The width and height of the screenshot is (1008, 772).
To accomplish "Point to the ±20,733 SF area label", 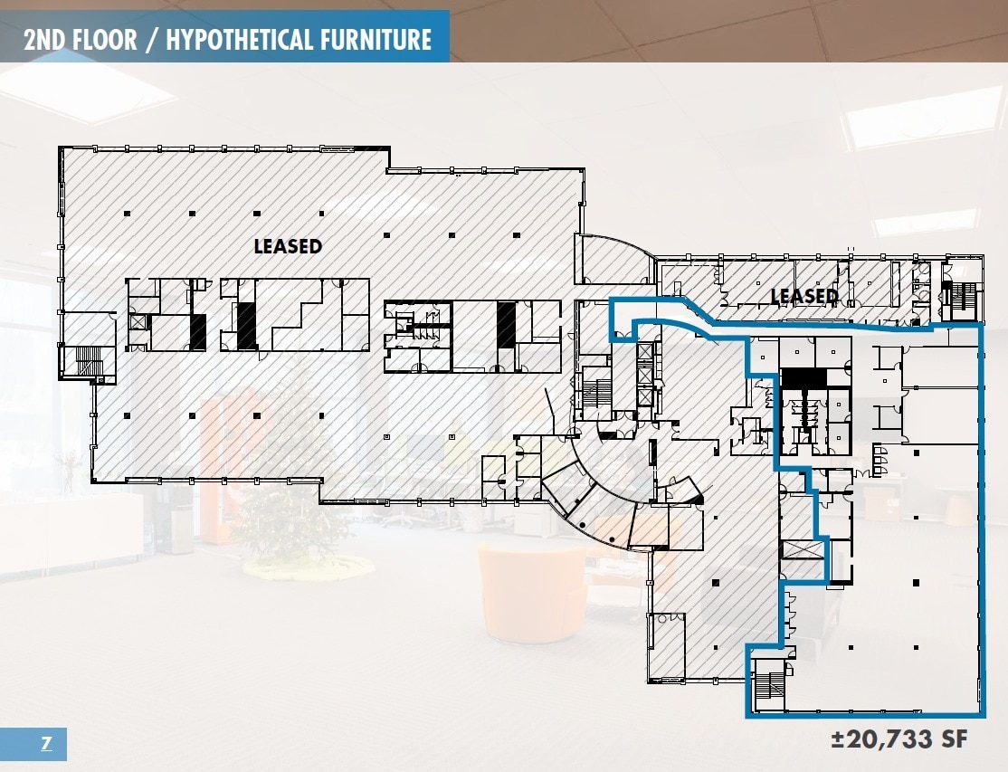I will [x=899, y=739].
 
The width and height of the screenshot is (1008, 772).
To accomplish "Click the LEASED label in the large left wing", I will [x=288, y=246].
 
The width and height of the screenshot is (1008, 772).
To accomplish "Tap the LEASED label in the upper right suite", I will [x=804, y=296].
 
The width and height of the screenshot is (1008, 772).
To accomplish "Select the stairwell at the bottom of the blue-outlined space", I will [x=769, y=685].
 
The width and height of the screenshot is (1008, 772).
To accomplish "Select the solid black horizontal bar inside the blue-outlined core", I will [x=804, y=376].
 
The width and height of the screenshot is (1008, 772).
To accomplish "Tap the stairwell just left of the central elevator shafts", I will [x=596, y=394].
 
